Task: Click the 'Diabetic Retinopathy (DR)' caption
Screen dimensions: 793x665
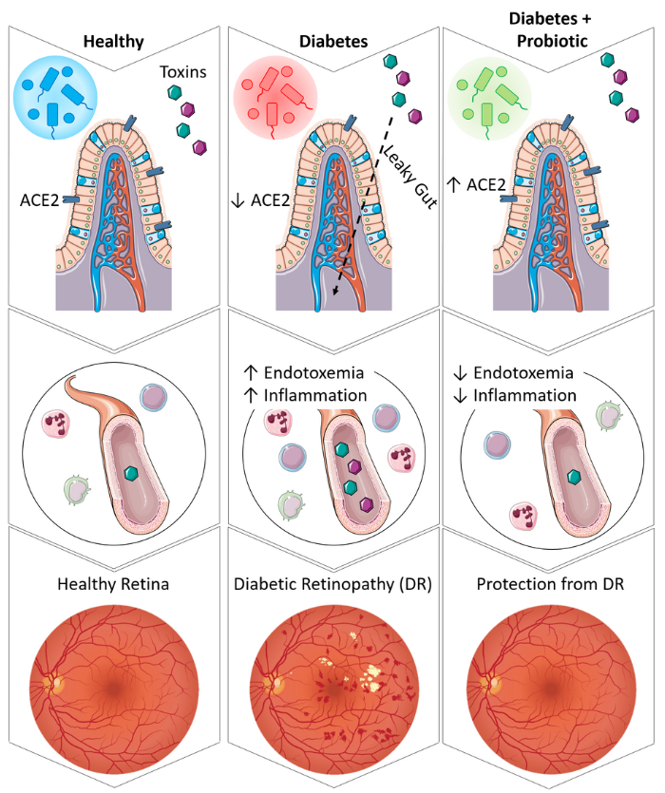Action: pos(333,585)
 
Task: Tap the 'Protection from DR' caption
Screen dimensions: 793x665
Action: pos(552,585)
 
